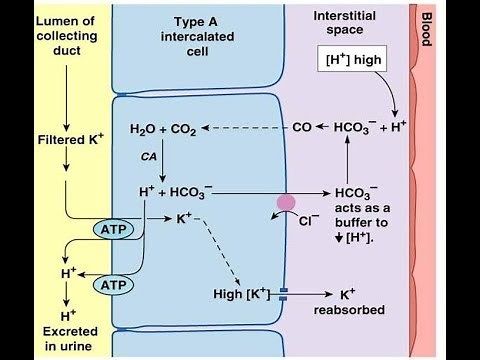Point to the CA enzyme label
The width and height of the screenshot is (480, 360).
(x=146, y=158)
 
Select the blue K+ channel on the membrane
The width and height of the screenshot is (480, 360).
(x=284, y=294)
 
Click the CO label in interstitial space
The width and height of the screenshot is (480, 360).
(x=302, y=129)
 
